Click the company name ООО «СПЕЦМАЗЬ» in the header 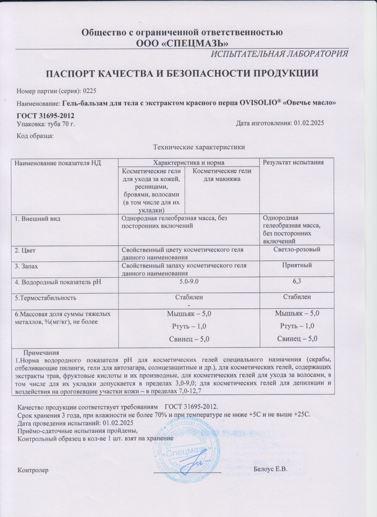182,43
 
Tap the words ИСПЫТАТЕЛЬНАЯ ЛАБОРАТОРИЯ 279,54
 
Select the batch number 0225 89,91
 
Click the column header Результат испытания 293,163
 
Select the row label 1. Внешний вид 38,218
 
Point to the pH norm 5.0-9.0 189,281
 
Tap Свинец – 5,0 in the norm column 189,339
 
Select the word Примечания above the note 41,353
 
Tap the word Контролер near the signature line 32,469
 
